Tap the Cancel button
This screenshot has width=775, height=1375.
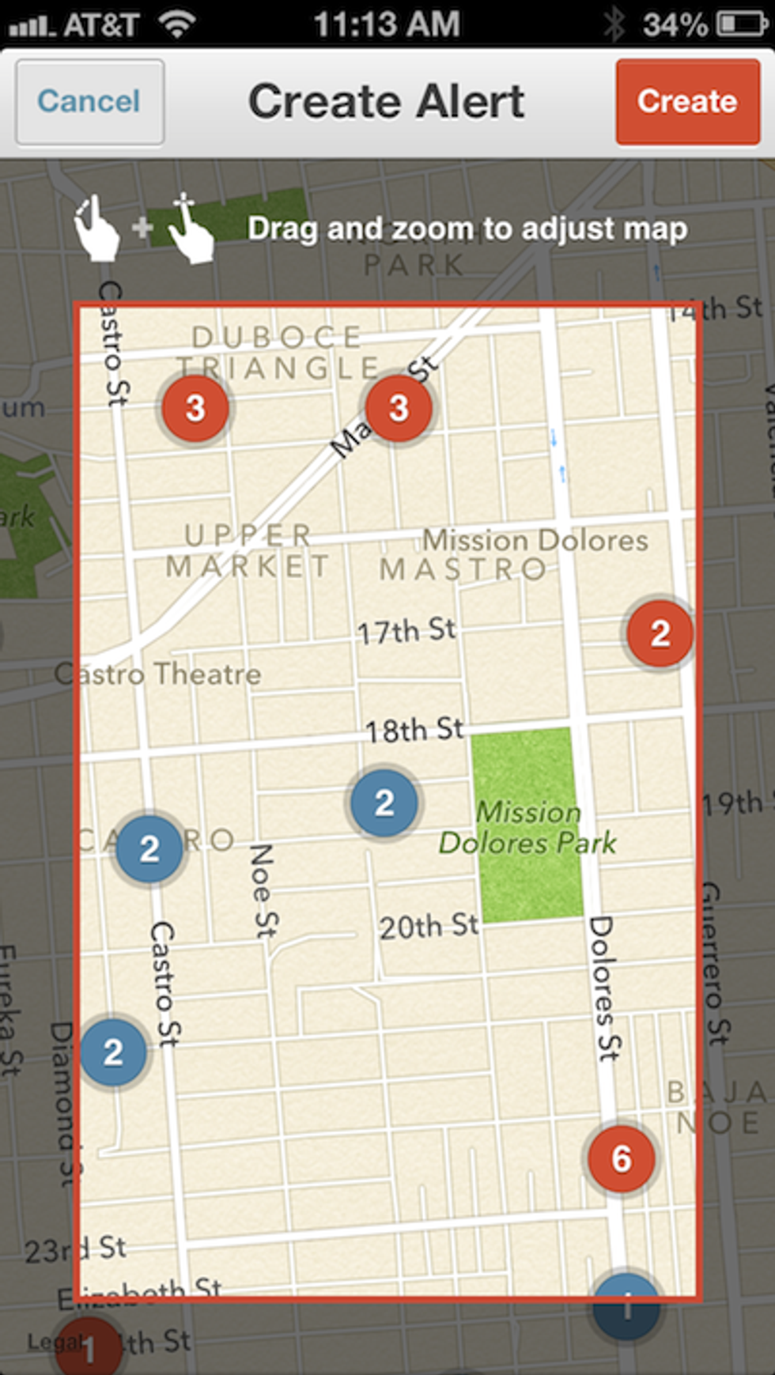[x=89, y=102]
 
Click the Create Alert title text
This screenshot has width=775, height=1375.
[x=386, y=102]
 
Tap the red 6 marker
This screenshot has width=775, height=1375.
[x=622, y=1158]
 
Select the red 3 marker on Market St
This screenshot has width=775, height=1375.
[x=399, y=408]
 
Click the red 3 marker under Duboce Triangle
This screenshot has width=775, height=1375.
[x=195, y=408]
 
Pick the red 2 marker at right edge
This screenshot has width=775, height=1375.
[x=660, y=633]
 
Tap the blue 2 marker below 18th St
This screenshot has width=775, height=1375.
[x=384, y=803]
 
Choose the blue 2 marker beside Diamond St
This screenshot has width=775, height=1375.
[x=113, y=1052]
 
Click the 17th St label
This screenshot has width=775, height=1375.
[x=406, y=631]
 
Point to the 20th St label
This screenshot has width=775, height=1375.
[x=429, y=926]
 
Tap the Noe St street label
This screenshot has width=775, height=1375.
[x=262, y=890]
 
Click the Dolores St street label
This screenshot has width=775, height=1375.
[x=604, y=988]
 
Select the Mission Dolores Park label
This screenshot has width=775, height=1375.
[x=528, y=828]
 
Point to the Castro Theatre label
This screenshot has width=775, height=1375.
[x=158, y=674]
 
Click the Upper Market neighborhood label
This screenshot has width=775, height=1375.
[x=248, y=551]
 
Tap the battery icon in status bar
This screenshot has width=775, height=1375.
[x=742, y=25]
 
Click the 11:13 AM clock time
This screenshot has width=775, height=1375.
[x=387, y=25]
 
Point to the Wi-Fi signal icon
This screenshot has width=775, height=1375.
[x=177, y=25]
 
